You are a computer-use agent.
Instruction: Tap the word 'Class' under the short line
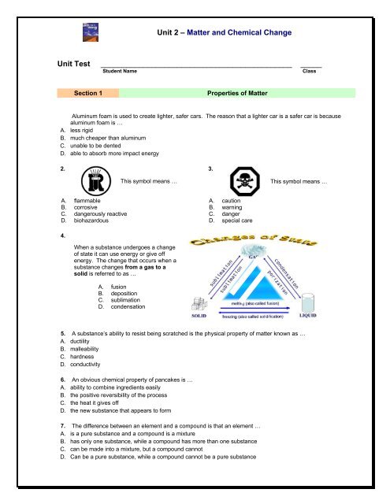click(x=310, y=71)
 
